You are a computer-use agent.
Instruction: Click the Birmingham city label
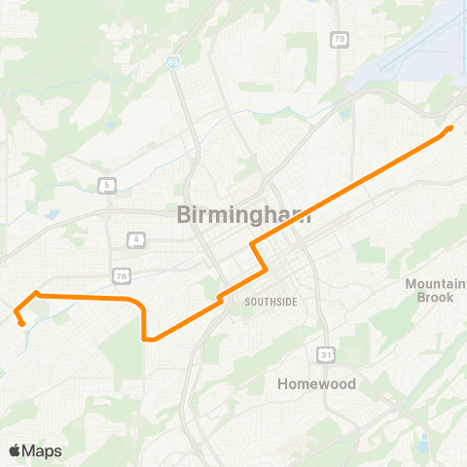[x=244, y=216]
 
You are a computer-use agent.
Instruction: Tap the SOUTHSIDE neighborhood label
[x=270, y=302]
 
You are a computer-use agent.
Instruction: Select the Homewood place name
[x=315, y=383]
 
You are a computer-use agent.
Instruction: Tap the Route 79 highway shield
[x=339, y=40]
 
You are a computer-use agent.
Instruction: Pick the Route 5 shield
[x=106, y=184]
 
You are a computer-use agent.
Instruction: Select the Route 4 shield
[x=137, y=238]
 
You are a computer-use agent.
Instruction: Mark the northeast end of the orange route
[x=451, y=126]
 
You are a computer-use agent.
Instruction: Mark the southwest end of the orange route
[x=21, y=323]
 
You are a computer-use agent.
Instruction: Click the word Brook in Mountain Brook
[x=435, y=297]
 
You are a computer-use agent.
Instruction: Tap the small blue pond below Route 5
[x=52, y=213]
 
